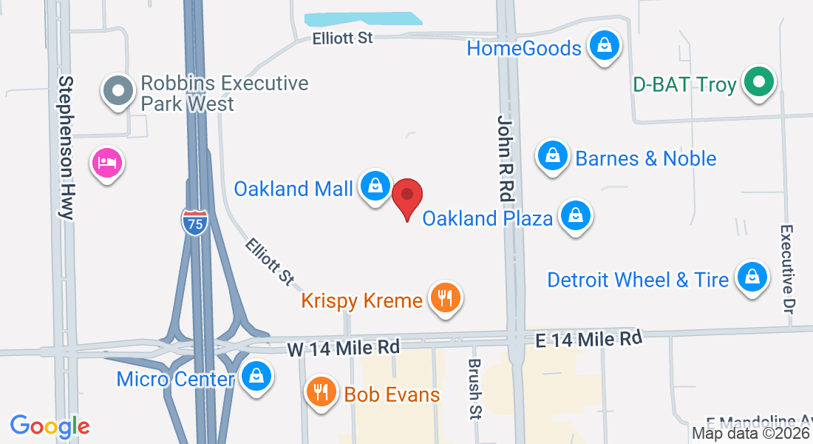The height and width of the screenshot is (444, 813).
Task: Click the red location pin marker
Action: (x=406, y=195)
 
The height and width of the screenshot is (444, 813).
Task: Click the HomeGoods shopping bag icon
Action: (x=604, y=46)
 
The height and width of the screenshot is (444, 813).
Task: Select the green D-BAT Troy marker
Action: (x=758, y=81)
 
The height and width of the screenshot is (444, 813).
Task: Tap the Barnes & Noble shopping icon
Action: (x=552, y=155)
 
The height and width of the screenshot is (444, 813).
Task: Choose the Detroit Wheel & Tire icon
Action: (x=752, y=277)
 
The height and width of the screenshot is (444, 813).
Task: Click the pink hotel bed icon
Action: (x=107, y=162)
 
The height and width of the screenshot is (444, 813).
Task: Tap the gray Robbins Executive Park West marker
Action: (x=118, y=90)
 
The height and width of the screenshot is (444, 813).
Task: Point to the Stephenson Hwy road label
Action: (x=67, y=147)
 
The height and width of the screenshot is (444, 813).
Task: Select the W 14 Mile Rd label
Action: (x=344, y=347)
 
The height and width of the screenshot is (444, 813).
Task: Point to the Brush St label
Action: (x=474, y=389)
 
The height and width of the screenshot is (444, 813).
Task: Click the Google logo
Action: (x=50, y=426)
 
